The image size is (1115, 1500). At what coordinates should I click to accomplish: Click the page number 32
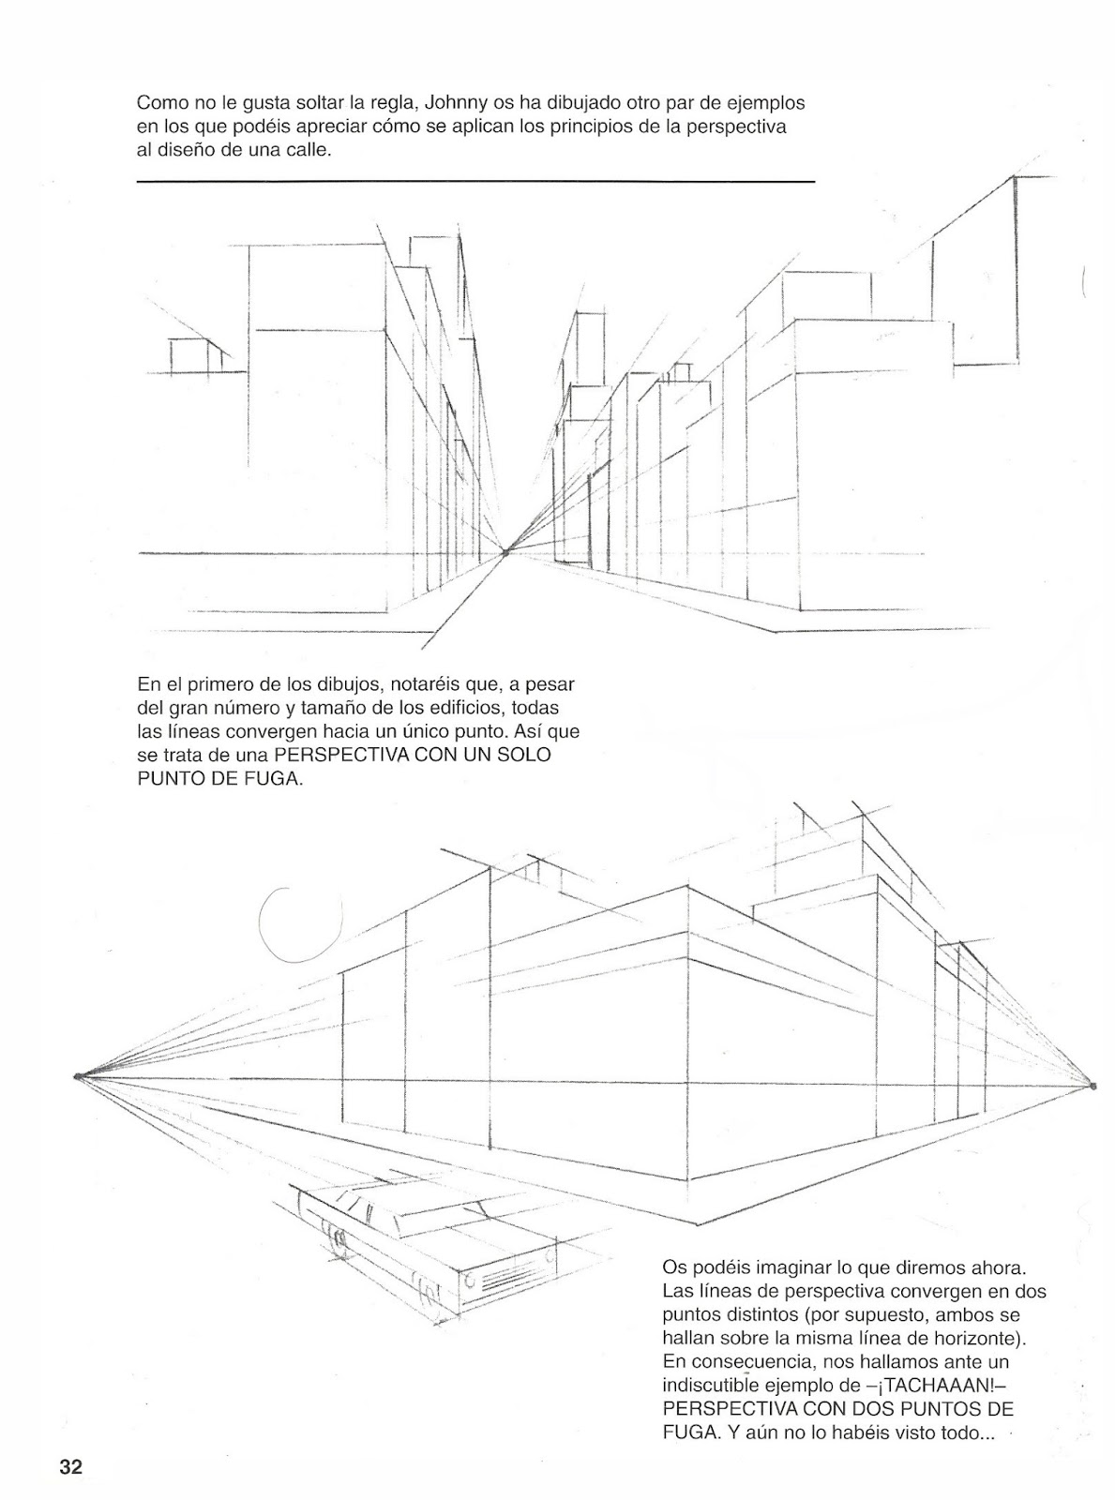pyautogui.click(x=71, y=1467)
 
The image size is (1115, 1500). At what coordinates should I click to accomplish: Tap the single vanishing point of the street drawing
pyautogui.click(x=505, y=553)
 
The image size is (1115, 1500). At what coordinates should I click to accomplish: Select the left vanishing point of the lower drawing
pyautogui.click(x=78, y=1076)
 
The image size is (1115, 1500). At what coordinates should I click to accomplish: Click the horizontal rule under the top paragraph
pyautogui.click(x=475, y=180)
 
